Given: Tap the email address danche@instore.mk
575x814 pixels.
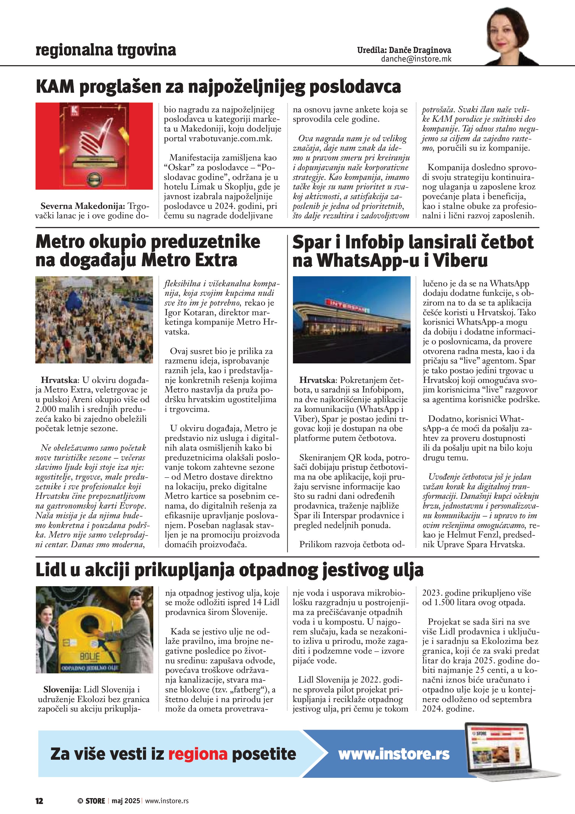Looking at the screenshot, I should click(416, 59).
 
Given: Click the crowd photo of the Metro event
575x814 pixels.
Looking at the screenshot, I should click(94, 319).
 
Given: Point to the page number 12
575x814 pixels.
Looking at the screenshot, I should click(39, 801).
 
